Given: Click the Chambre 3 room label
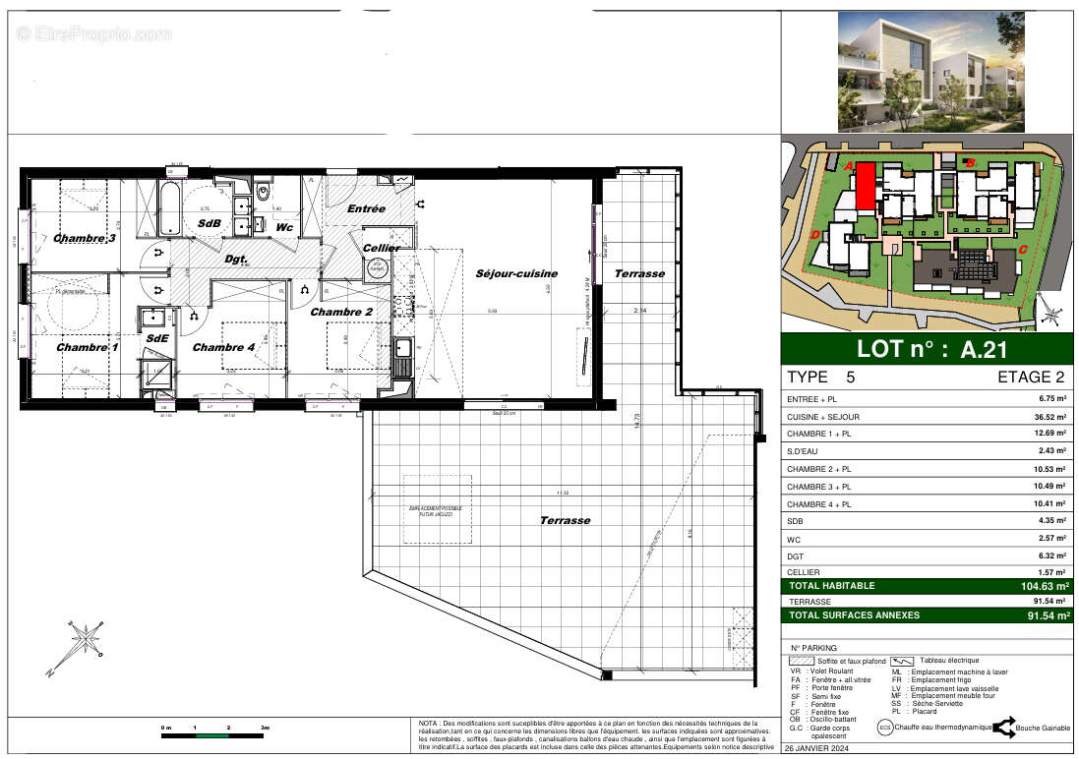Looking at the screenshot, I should (x=85, y=239).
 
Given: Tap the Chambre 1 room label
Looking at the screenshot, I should (x=87, y=347).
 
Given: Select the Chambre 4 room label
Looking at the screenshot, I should (x=223, y=347).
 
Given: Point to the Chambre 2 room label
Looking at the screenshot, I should (x=341, y=312).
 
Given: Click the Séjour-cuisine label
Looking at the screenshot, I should (x=516, y=273).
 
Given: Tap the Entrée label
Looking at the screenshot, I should (x=367, y=209).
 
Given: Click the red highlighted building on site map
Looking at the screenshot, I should (x=864, y=186).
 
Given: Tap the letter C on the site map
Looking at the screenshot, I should (x=1022, y=250).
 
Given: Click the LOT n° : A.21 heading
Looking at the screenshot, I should (x=930, y=348).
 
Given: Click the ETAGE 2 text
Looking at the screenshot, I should (x=1032, y=377).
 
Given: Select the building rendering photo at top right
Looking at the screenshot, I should (x=930, y=71).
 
